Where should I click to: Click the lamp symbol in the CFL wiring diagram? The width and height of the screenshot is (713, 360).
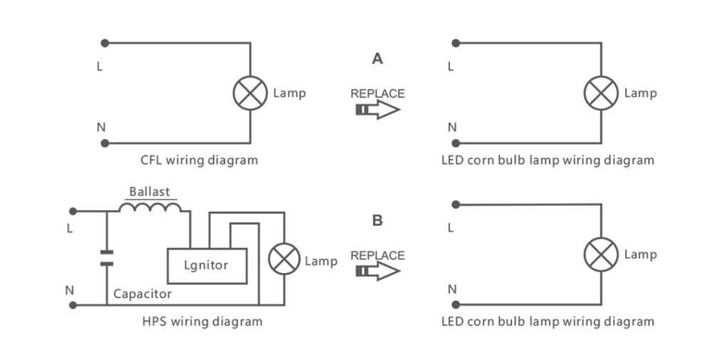pyautogui.click(x=250, y=93)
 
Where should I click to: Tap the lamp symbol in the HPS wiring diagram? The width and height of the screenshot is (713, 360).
pyautogui.click(x=284, y=257)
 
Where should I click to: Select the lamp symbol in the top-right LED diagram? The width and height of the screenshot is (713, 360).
pyautogui.click(x=601, y=93)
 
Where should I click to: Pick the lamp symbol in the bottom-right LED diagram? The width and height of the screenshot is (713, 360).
pyautogui.click(x=601, y=254)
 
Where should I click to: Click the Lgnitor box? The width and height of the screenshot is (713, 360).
pyautogui.click(x=206, y=265)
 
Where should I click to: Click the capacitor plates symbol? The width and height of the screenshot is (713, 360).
pyautogui.click(x=106, y=257)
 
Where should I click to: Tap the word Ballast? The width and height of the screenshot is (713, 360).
pyautogui.click(x=150, y=192)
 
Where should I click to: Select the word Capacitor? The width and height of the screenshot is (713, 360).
pyautogui.click(x=143, y=294)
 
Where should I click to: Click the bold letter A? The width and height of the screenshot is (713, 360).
pyautogui.click(x=377, y=59)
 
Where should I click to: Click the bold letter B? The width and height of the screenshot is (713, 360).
pyautogui.click(x=377, y=221)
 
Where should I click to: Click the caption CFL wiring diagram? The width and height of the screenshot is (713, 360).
pyautogui.click(x=199, y=160)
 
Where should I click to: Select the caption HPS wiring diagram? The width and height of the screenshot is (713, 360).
pyautogui.click(x=202, y=322)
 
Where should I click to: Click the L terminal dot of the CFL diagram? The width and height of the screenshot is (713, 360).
pyautogui.click(x=106, y=43)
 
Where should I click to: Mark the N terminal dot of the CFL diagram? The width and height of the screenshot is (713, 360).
pyautogui.click(x=106, y=143)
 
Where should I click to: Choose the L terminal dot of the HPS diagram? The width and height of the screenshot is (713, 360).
pyautogui.click(x=73, y=211)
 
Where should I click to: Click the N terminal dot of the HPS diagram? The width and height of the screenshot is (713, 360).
pyautogui.click(x=73, y=305)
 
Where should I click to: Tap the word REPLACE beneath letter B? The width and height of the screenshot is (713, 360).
pyautogui.click(x=377, y=255)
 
